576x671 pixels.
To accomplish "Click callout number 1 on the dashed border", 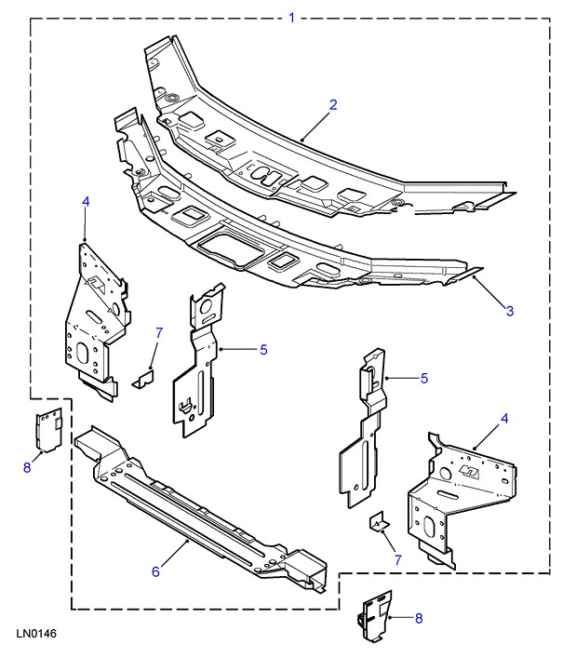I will coord(292,17).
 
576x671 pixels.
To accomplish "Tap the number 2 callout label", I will coord(333,104).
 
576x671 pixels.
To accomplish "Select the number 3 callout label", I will coord(510,311).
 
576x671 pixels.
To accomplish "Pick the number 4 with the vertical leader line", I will coord(86,201).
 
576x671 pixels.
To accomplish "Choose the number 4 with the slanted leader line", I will coord(504,420).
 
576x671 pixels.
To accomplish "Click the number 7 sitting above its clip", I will coord(159,332).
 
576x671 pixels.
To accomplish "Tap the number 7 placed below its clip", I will coord(398,559).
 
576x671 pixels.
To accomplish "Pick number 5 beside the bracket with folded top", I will coord(423,378).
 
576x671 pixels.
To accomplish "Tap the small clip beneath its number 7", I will coord(144,378).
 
